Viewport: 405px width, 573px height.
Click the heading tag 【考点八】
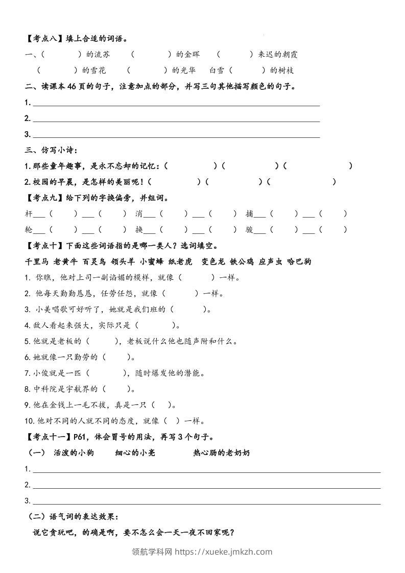44,38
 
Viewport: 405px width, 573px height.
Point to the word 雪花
98,70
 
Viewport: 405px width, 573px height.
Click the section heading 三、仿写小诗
51,150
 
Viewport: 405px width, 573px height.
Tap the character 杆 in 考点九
29,214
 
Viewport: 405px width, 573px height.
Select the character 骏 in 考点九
249,230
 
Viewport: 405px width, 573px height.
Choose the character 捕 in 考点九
249,214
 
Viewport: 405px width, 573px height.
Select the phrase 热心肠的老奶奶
222,452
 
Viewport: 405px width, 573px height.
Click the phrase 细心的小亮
135,452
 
